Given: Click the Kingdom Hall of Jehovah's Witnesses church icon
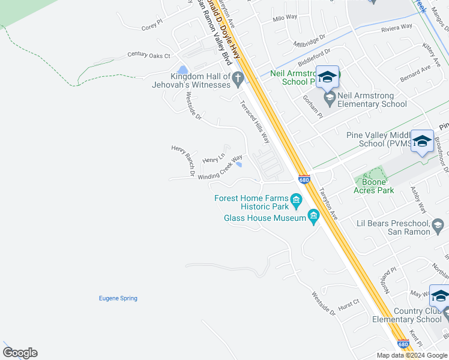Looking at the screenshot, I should point(238,77).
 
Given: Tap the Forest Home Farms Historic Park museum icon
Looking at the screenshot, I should point(296,199).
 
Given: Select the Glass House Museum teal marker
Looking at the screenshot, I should point(313,215).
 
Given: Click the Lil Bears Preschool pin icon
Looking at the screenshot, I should point(438,226).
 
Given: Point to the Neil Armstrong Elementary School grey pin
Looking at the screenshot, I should point(329,97).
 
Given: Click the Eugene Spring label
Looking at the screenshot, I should point(118,298).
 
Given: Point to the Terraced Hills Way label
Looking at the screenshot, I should point(255,122).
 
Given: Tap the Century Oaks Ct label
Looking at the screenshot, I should point(149,55).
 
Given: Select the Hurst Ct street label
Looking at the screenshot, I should point(348,305).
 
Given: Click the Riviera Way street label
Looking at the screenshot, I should point(397,27).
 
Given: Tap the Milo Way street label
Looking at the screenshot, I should point(285,17).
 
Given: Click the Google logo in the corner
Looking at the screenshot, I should point(20,353).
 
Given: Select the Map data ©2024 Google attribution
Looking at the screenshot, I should point(412,355).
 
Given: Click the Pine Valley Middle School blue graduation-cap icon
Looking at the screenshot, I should point(422,141).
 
